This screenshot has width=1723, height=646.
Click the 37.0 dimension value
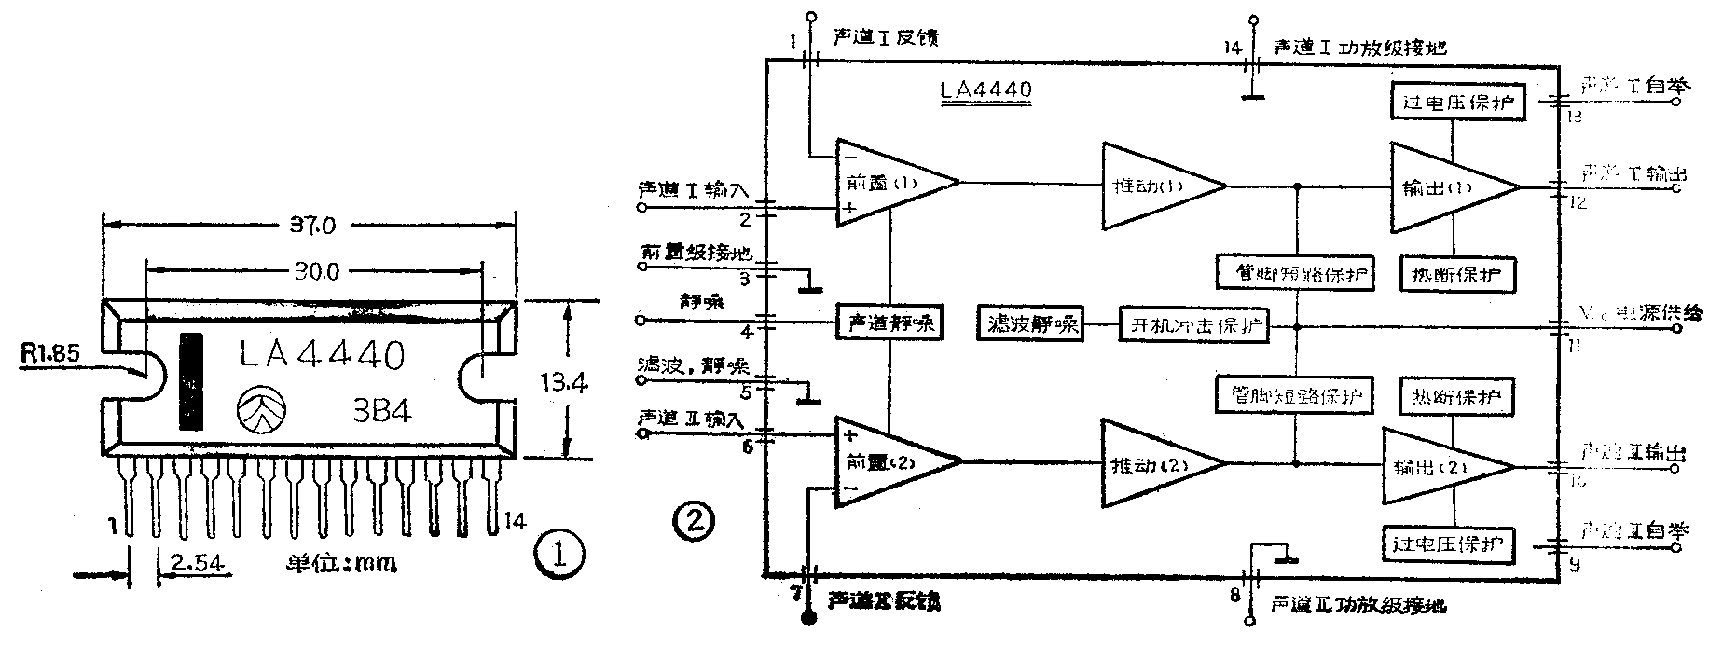[312, 225]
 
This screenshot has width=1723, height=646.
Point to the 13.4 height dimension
[565, 381]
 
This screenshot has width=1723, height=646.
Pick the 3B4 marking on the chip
[382, 411]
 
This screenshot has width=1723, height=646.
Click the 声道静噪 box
[890, 323]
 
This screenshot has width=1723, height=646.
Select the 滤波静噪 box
[1031, 324]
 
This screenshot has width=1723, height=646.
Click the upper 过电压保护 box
[1457, 102]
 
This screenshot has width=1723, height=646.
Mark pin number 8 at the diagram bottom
[1234, 595]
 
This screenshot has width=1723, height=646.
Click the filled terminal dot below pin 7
[808, 616]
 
